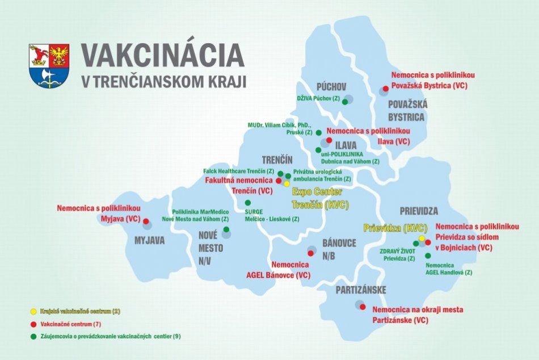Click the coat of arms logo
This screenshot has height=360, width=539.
coord(49,65)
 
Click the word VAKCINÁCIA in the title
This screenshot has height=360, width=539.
coord(162,55)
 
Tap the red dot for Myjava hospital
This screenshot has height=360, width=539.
coord(146,221)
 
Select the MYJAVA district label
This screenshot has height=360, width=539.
coord(149,240)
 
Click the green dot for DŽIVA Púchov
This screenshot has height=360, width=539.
coord(344,102)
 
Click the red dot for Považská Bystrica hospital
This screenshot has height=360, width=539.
coord(385,89)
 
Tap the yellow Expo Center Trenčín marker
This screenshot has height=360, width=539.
coord(287,183)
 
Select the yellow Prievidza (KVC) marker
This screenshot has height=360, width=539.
coord(422,238)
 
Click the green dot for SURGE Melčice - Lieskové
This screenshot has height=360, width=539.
coord(247,203)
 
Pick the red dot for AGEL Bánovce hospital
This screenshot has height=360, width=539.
coord(310,253)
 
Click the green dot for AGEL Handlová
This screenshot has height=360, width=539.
coord(427,256)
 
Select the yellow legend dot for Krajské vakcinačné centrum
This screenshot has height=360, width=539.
coord(33,311)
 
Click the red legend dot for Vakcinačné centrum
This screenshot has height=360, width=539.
coord(33,324)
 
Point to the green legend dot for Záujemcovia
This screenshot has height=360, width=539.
coord(33,336)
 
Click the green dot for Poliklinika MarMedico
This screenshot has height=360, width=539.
coord(226,230)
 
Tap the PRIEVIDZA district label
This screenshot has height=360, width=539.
coord(419,211)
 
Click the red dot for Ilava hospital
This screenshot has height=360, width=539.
coord(329,139)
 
